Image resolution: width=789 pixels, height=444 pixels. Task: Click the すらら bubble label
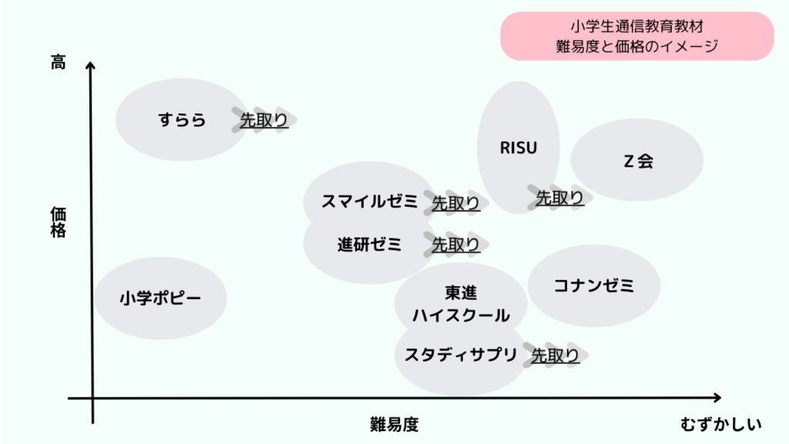tap(183, 119)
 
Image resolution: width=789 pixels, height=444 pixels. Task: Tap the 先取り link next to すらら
tap(264, 119)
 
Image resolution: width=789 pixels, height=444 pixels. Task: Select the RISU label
tap(518, 147)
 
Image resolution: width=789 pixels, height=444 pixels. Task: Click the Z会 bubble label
tap(638, 162)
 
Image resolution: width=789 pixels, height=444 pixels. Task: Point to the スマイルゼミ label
tap(369, 202)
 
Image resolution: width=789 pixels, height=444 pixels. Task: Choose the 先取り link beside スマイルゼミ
tap(455, 203)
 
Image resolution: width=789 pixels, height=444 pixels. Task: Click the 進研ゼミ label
tap(369, 245)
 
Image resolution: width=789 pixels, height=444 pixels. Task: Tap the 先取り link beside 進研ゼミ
tap(455, 245)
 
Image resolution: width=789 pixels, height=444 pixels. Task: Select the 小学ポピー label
tap(159, 298)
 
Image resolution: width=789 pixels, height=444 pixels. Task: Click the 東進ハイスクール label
tap(461, 304)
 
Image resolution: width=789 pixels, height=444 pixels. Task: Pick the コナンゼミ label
tap(594, 286)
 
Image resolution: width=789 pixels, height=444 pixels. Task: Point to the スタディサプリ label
tap(461, 355)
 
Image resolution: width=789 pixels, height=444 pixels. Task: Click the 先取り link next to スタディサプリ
tap(555, 355)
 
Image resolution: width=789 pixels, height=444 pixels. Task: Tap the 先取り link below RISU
tap(559, 198)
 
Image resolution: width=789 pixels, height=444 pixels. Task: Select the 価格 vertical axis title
tap(59, 221)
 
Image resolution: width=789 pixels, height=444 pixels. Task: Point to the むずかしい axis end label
tap(721, 425)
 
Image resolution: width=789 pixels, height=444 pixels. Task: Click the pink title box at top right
tap(636, 35)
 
